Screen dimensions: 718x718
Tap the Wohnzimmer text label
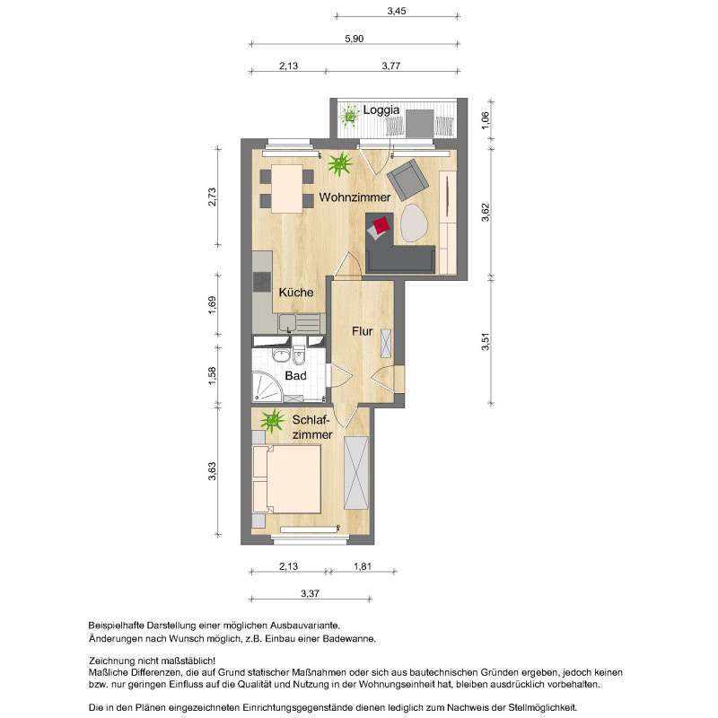pyautogui.click(x=355, y=197)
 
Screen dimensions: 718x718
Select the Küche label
pyautogui.click(x=295, y=293)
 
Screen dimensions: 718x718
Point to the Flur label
pyautogui.click(x=362, y=332)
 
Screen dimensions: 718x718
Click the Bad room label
pyautogui.click(x=295, y=377)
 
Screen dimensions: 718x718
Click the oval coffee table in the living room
pyautogui.click(x=414, y=223)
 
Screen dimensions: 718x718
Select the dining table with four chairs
pyautogui.click(x=285, y=188)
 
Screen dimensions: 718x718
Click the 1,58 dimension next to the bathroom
pyautogui.click(x=213, y=377)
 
